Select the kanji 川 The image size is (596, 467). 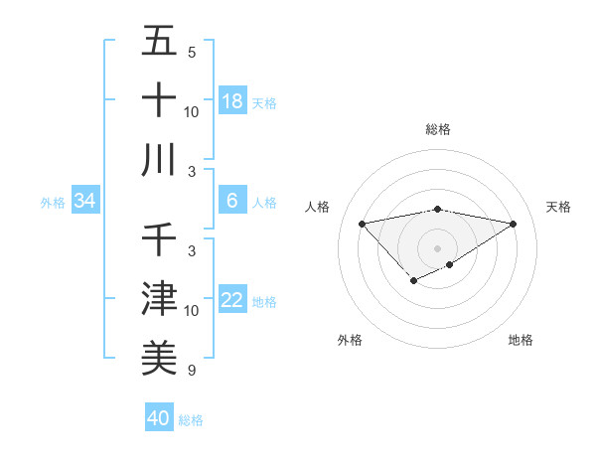159,159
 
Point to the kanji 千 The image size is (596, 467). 159,239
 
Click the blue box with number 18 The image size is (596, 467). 232,100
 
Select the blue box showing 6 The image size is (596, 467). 232,201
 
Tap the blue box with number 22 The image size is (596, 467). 232,300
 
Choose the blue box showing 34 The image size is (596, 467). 85,202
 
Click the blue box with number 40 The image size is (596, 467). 159,418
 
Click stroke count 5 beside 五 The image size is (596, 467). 192,52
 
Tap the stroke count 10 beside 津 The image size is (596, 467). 192,311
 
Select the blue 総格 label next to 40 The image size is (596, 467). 191,420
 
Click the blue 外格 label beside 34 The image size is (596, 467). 53,203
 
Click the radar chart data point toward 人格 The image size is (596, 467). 362,223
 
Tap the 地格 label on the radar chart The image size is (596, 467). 521,340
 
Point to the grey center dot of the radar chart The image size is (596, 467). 437,247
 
